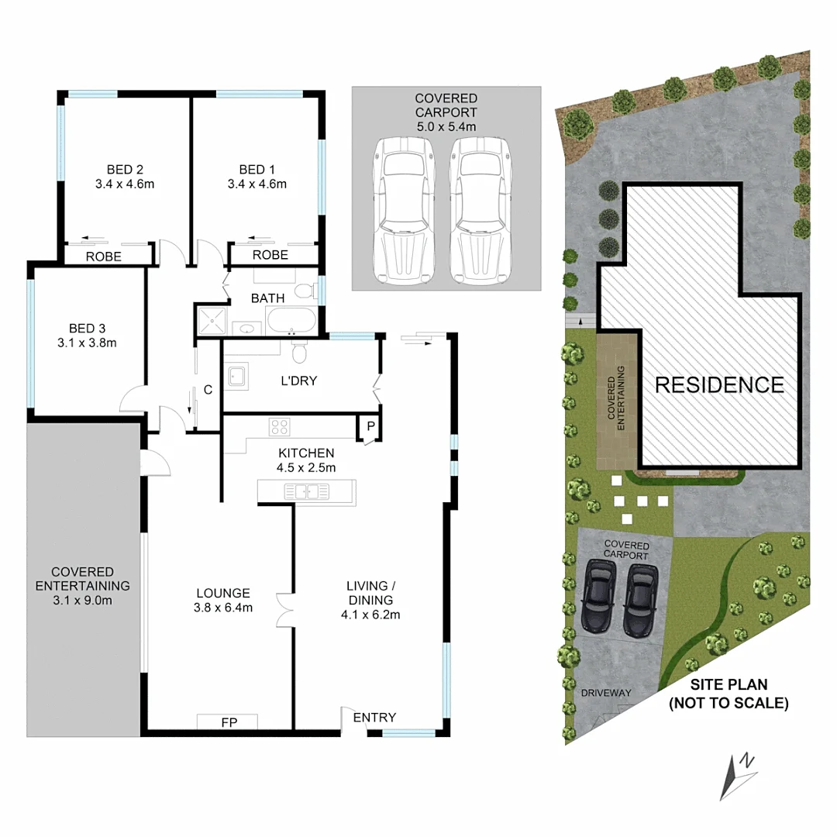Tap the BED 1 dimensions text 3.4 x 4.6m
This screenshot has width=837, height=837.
(x=257, y=184)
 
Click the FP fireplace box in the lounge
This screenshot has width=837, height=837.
(x=228, y=722)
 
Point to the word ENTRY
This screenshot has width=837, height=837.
(x=374, y=718)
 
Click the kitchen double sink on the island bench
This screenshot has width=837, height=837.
(x=307, y=491)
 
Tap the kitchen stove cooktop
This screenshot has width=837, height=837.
(x=279, y=426)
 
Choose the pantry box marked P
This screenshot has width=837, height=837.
(x=370, y=426)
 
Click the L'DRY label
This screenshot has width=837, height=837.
(x=298, y=381)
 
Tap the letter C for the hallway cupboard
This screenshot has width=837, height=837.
(x=208, y=391)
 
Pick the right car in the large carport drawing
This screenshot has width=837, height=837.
(x=478, y=211)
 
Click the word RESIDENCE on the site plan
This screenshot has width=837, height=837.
(x=720, y=385)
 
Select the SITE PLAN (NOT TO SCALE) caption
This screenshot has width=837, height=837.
(x=728, y=694)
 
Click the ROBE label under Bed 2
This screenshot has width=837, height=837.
(x=103, y=257)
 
